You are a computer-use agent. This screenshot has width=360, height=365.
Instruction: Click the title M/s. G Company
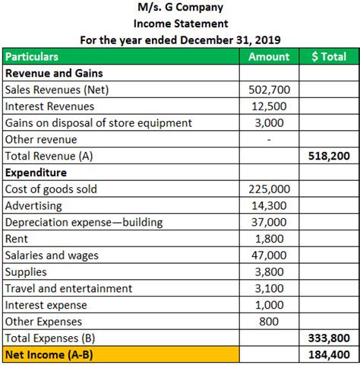[x=179, y=8]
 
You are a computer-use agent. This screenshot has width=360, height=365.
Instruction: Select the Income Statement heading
[x=179, y=24]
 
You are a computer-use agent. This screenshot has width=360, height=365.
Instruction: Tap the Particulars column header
[x=32, y=57]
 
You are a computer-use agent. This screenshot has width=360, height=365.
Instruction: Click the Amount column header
[x=269, y=57]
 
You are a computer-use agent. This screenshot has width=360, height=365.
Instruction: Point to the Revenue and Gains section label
[x=55, y=74]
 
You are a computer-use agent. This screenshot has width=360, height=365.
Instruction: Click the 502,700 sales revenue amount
[x=269, y=90]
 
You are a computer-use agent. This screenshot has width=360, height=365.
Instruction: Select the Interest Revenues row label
[x=50, y=106]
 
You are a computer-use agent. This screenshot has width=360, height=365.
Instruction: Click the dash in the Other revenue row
[x=269, y=140]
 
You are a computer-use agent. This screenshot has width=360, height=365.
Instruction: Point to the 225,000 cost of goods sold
[x=269, y=189]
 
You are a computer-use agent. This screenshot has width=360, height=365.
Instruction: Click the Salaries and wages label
[x=52, y=255]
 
